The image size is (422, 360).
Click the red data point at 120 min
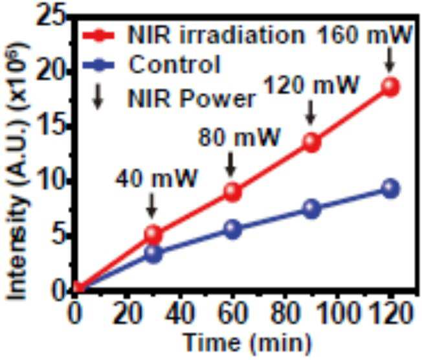click(x=390, y=87)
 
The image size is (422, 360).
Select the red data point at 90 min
click(x=312, y=142)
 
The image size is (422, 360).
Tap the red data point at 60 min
click(x=233, y=192)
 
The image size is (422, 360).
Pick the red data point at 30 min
click(x=153, y=234)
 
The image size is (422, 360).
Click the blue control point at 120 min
click(x=390, y=188)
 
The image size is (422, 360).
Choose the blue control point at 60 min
click(x=233, y=229)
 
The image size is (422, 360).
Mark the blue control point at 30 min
click(x=153, y=253)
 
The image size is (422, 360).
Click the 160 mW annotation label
click(x=365, y=34)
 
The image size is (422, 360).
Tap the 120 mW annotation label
click(x=311, y=85)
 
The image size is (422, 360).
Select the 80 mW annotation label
click(x=239, y=137)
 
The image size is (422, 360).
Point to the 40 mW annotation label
click(x=157, y=177)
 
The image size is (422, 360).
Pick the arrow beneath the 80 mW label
click(x=230, y=164)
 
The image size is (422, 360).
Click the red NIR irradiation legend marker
click(x=99, y=35)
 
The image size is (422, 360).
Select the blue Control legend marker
click(x=99, y=65)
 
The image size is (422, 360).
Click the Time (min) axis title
click(x=247, y=343)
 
